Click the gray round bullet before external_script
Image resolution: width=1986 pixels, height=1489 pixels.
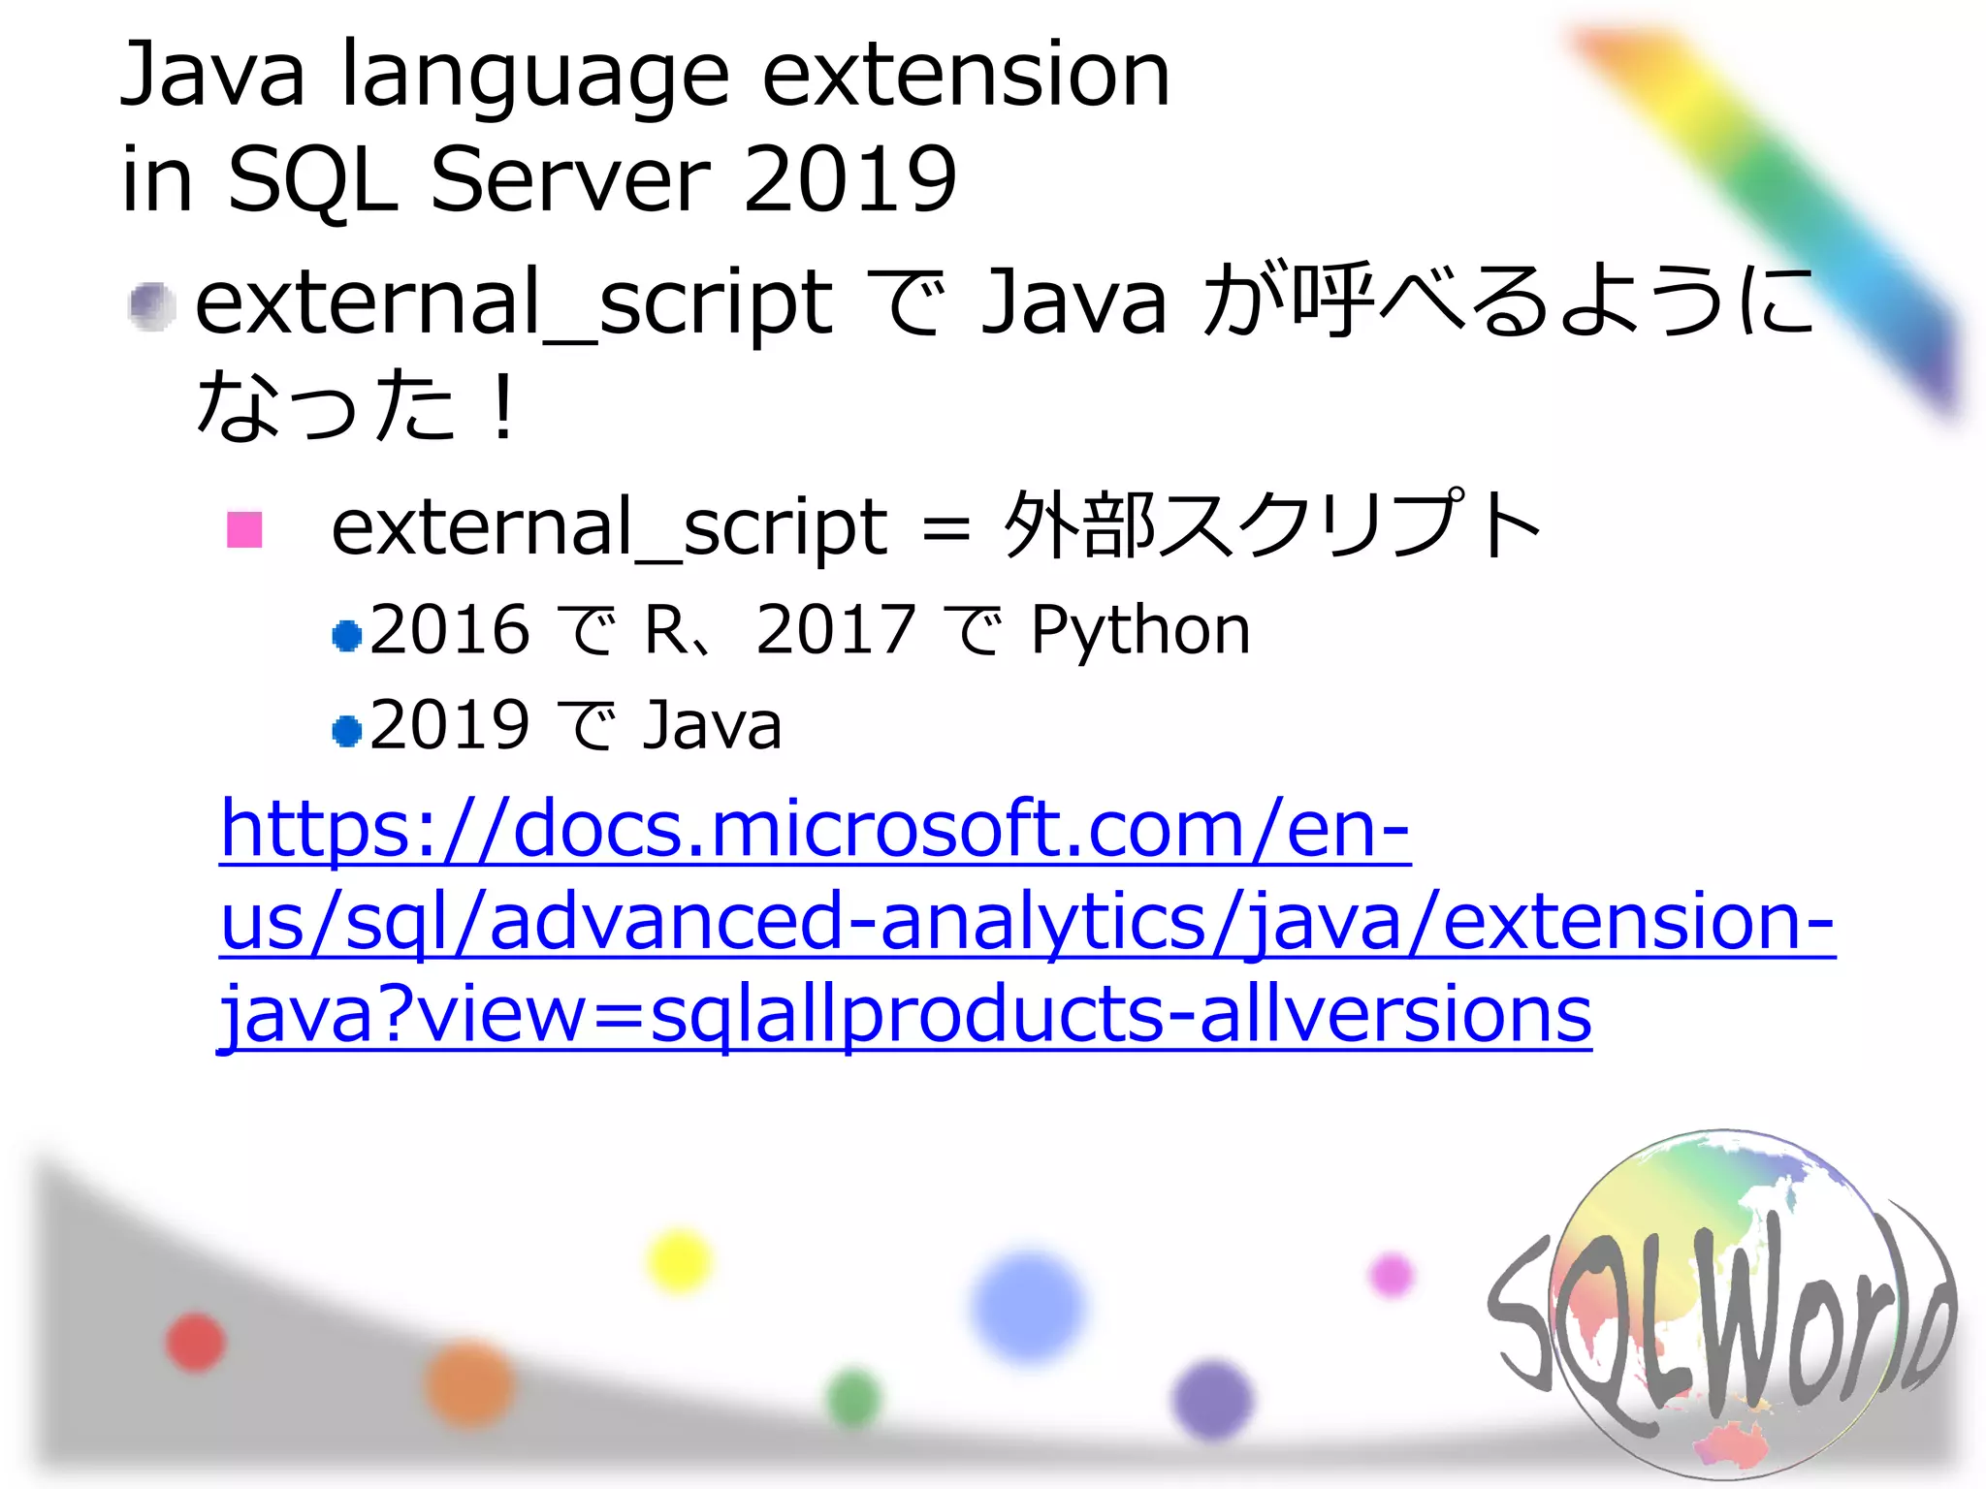[x=152, y=306]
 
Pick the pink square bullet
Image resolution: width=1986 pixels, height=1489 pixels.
[x=244, y=529]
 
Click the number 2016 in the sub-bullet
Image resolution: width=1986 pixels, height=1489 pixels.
[x=449, y=630]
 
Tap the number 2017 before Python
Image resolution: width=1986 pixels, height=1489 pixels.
[x=835, y=630]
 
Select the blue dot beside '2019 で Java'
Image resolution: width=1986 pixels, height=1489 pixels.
[x=346, y=730]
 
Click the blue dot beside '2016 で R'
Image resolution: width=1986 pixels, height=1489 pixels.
[x=346, y=636]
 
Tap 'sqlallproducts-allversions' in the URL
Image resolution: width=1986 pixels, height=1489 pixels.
[x=1120, y=1015]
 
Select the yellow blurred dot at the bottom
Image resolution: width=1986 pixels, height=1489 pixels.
[x=679, y=1260]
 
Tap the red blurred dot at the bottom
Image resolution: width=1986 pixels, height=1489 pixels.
[x=196, y=1343]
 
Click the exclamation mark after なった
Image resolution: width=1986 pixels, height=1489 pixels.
[x=502, y=407]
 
